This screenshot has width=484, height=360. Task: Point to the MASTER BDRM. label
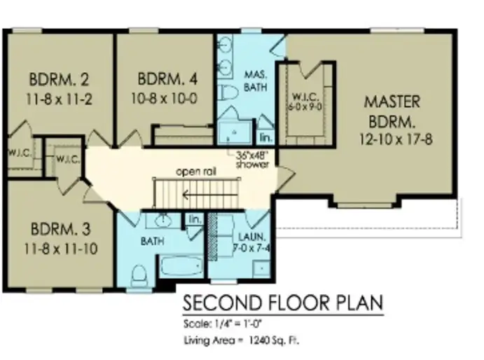click(392, 110)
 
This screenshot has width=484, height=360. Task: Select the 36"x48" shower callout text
click(253, 160)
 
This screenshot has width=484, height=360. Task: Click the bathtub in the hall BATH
click(179, 268)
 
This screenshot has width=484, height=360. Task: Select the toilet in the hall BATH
click(139, 272)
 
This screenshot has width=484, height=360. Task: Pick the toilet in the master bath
click(228, 93)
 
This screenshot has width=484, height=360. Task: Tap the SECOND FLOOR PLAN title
click(283, 303)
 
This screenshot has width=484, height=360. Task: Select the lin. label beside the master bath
click(265, 137)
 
